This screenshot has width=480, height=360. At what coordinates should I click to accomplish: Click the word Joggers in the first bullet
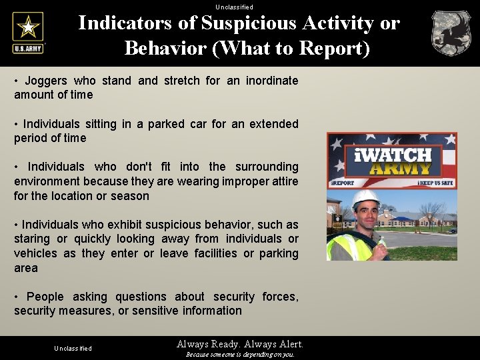46,81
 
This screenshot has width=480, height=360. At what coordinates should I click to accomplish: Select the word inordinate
271,81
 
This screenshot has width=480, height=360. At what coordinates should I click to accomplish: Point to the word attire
281,181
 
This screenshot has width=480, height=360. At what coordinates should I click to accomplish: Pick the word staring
32,239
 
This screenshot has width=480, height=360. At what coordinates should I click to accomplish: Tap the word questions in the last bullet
141,297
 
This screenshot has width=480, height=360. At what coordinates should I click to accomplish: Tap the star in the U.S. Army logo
28,27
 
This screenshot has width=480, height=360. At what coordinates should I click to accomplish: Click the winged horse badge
451,33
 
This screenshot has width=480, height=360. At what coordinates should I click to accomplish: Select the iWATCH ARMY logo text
393,161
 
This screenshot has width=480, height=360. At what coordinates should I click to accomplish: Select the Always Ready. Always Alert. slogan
240,344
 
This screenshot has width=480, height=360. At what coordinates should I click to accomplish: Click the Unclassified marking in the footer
73,349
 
